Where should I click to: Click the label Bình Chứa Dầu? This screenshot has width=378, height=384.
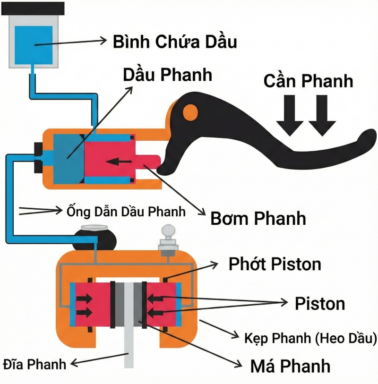[174, 42]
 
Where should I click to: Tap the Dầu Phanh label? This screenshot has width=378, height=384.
[167, 75]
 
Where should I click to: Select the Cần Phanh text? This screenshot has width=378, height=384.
[308, 81]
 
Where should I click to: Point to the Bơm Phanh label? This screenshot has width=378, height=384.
[258, 218]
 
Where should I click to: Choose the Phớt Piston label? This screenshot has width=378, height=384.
[275, 264]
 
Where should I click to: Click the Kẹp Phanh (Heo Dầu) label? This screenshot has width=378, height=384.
[310, 338]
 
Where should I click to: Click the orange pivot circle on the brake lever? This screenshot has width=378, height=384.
[190, 111]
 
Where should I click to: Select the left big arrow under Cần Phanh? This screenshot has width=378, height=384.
[290, 116]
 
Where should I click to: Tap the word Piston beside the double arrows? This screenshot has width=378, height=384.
[320, 303]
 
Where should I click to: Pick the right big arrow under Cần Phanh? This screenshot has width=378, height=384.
[322, 116]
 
